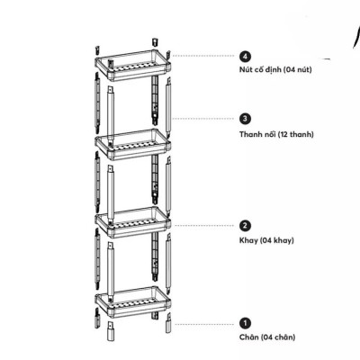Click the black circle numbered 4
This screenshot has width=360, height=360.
coord(246,56)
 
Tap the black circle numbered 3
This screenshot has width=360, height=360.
coord(246,119)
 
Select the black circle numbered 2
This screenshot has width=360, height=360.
coord(246,225)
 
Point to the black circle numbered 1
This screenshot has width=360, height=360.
coord(246,323)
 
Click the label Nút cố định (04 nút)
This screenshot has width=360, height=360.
coord(275,70)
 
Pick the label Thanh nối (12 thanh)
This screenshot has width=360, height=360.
coord(276,134)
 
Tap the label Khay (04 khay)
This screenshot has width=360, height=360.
coord(266,240)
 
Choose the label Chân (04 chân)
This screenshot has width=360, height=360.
coord(267,337)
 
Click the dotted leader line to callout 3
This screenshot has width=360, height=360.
coord(203,119)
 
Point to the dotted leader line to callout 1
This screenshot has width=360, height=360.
coord(204,324)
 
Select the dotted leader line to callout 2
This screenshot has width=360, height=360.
coord(203,225)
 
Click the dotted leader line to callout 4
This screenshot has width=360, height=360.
coord(203,56)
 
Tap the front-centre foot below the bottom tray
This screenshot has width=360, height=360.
coord(111,331)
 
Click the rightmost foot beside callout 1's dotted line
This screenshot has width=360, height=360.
coord(168,322)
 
